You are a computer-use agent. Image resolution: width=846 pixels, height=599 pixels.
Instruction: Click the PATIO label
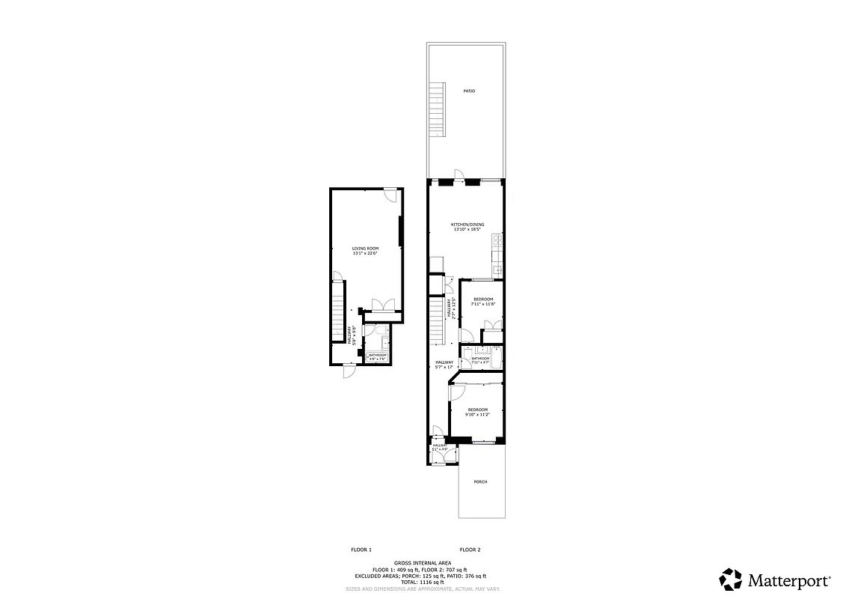tap(468, 91)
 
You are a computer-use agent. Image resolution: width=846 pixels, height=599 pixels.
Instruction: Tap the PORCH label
tap(480, 481)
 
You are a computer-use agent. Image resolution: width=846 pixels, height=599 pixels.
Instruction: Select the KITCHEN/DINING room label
tap(468, 227)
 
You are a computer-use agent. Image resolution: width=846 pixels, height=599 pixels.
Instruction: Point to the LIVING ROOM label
tap(366, 251)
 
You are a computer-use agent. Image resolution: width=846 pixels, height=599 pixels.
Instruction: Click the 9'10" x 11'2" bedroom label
tap(477, 412)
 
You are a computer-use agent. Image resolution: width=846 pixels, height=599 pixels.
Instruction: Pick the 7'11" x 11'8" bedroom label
tap(483, 302)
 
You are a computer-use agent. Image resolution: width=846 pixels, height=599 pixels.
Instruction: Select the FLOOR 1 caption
tap(361, 550)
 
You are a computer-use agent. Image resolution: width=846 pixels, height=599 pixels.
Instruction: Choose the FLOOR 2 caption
tap(470, 550)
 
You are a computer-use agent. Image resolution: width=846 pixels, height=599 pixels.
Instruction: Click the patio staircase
tap(437, 111)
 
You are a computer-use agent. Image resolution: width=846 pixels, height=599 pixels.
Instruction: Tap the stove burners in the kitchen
tap(497, 240)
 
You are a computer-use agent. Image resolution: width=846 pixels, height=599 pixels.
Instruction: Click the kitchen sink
tap(497, 268)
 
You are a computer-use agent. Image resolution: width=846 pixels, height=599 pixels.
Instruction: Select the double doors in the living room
tap(382, 305)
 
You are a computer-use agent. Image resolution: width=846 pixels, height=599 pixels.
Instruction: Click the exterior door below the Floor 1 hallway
tap(349, 371)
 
